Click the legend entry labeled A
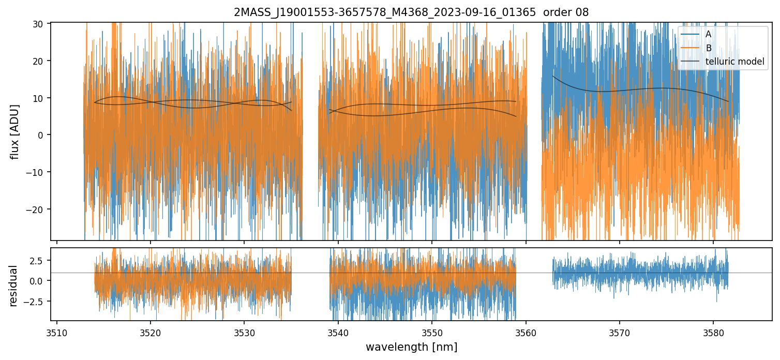click(708, 34)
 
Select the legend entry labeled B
click(708, 48)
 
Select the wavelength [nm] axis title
click(411, 347)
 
